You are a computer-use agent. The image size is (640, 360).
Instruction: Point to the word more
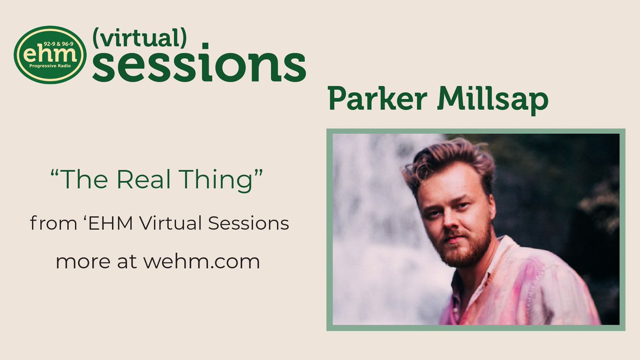point(80,262)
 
